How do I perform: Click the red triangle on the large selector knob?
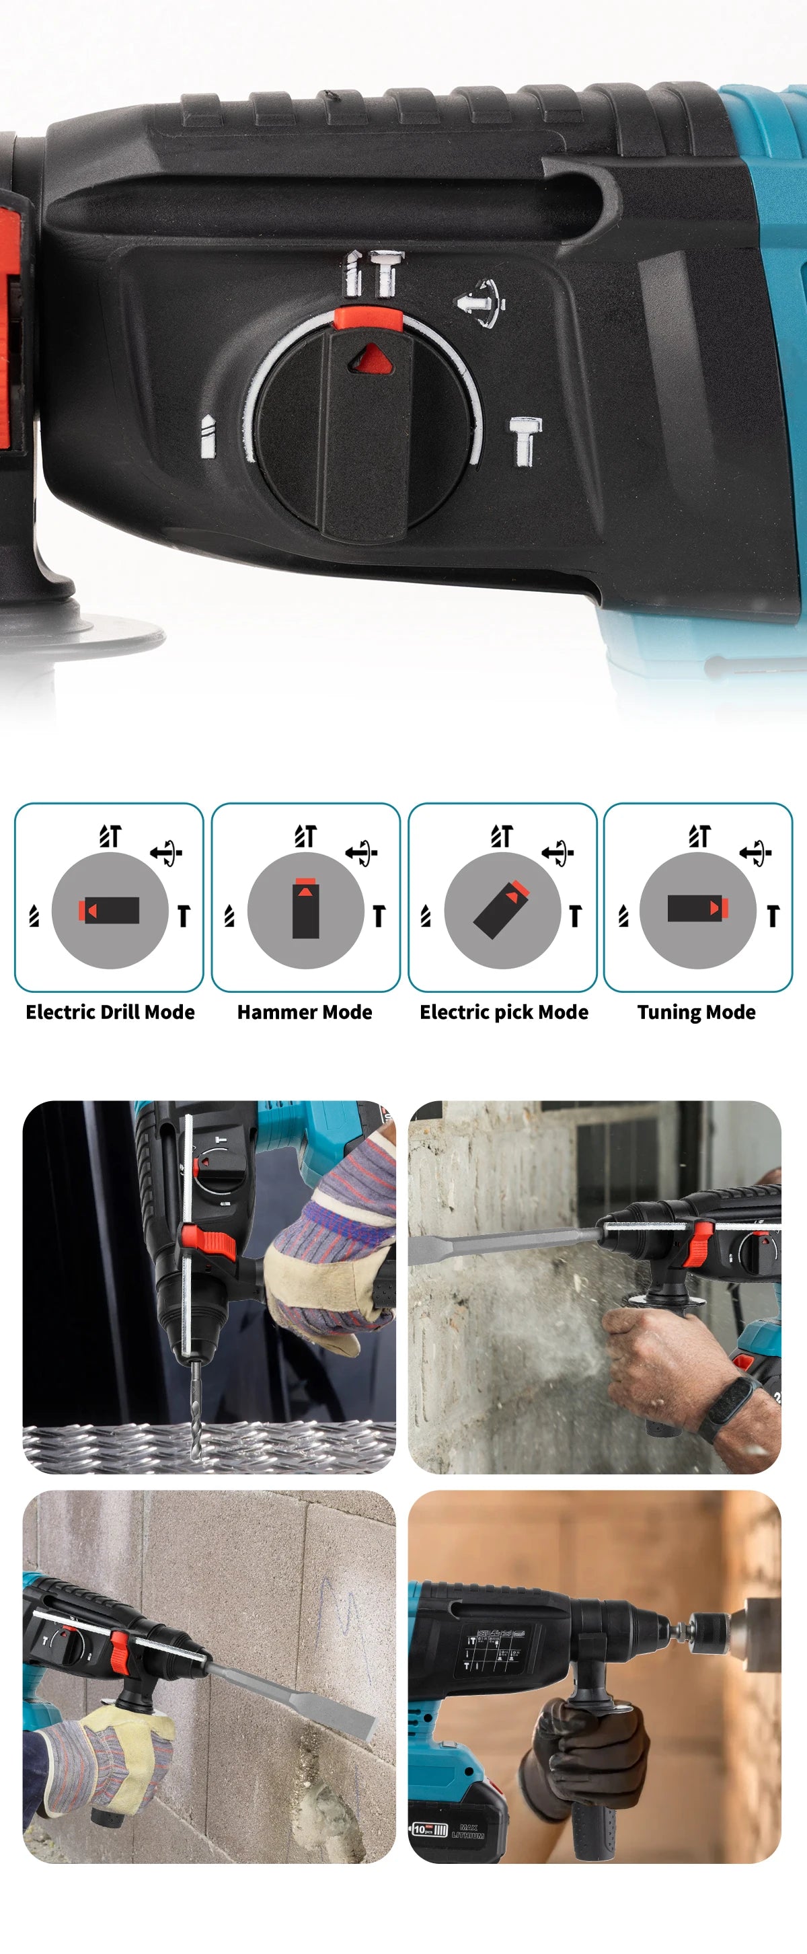click(371, 357)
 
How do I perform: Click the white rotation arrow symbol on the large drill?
click(480, 303)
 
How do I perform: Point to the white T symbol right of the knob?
click(525, 439)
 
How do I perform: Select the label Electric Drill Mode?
click(110, 1012)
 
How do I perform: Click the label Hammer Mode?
click(305, 1012)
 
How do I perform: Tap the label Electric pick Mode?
click(504, 1012)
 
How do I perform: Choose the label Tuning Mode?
click(696, 1012)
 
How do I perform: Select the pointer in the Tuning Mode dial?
click(697, 908)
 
